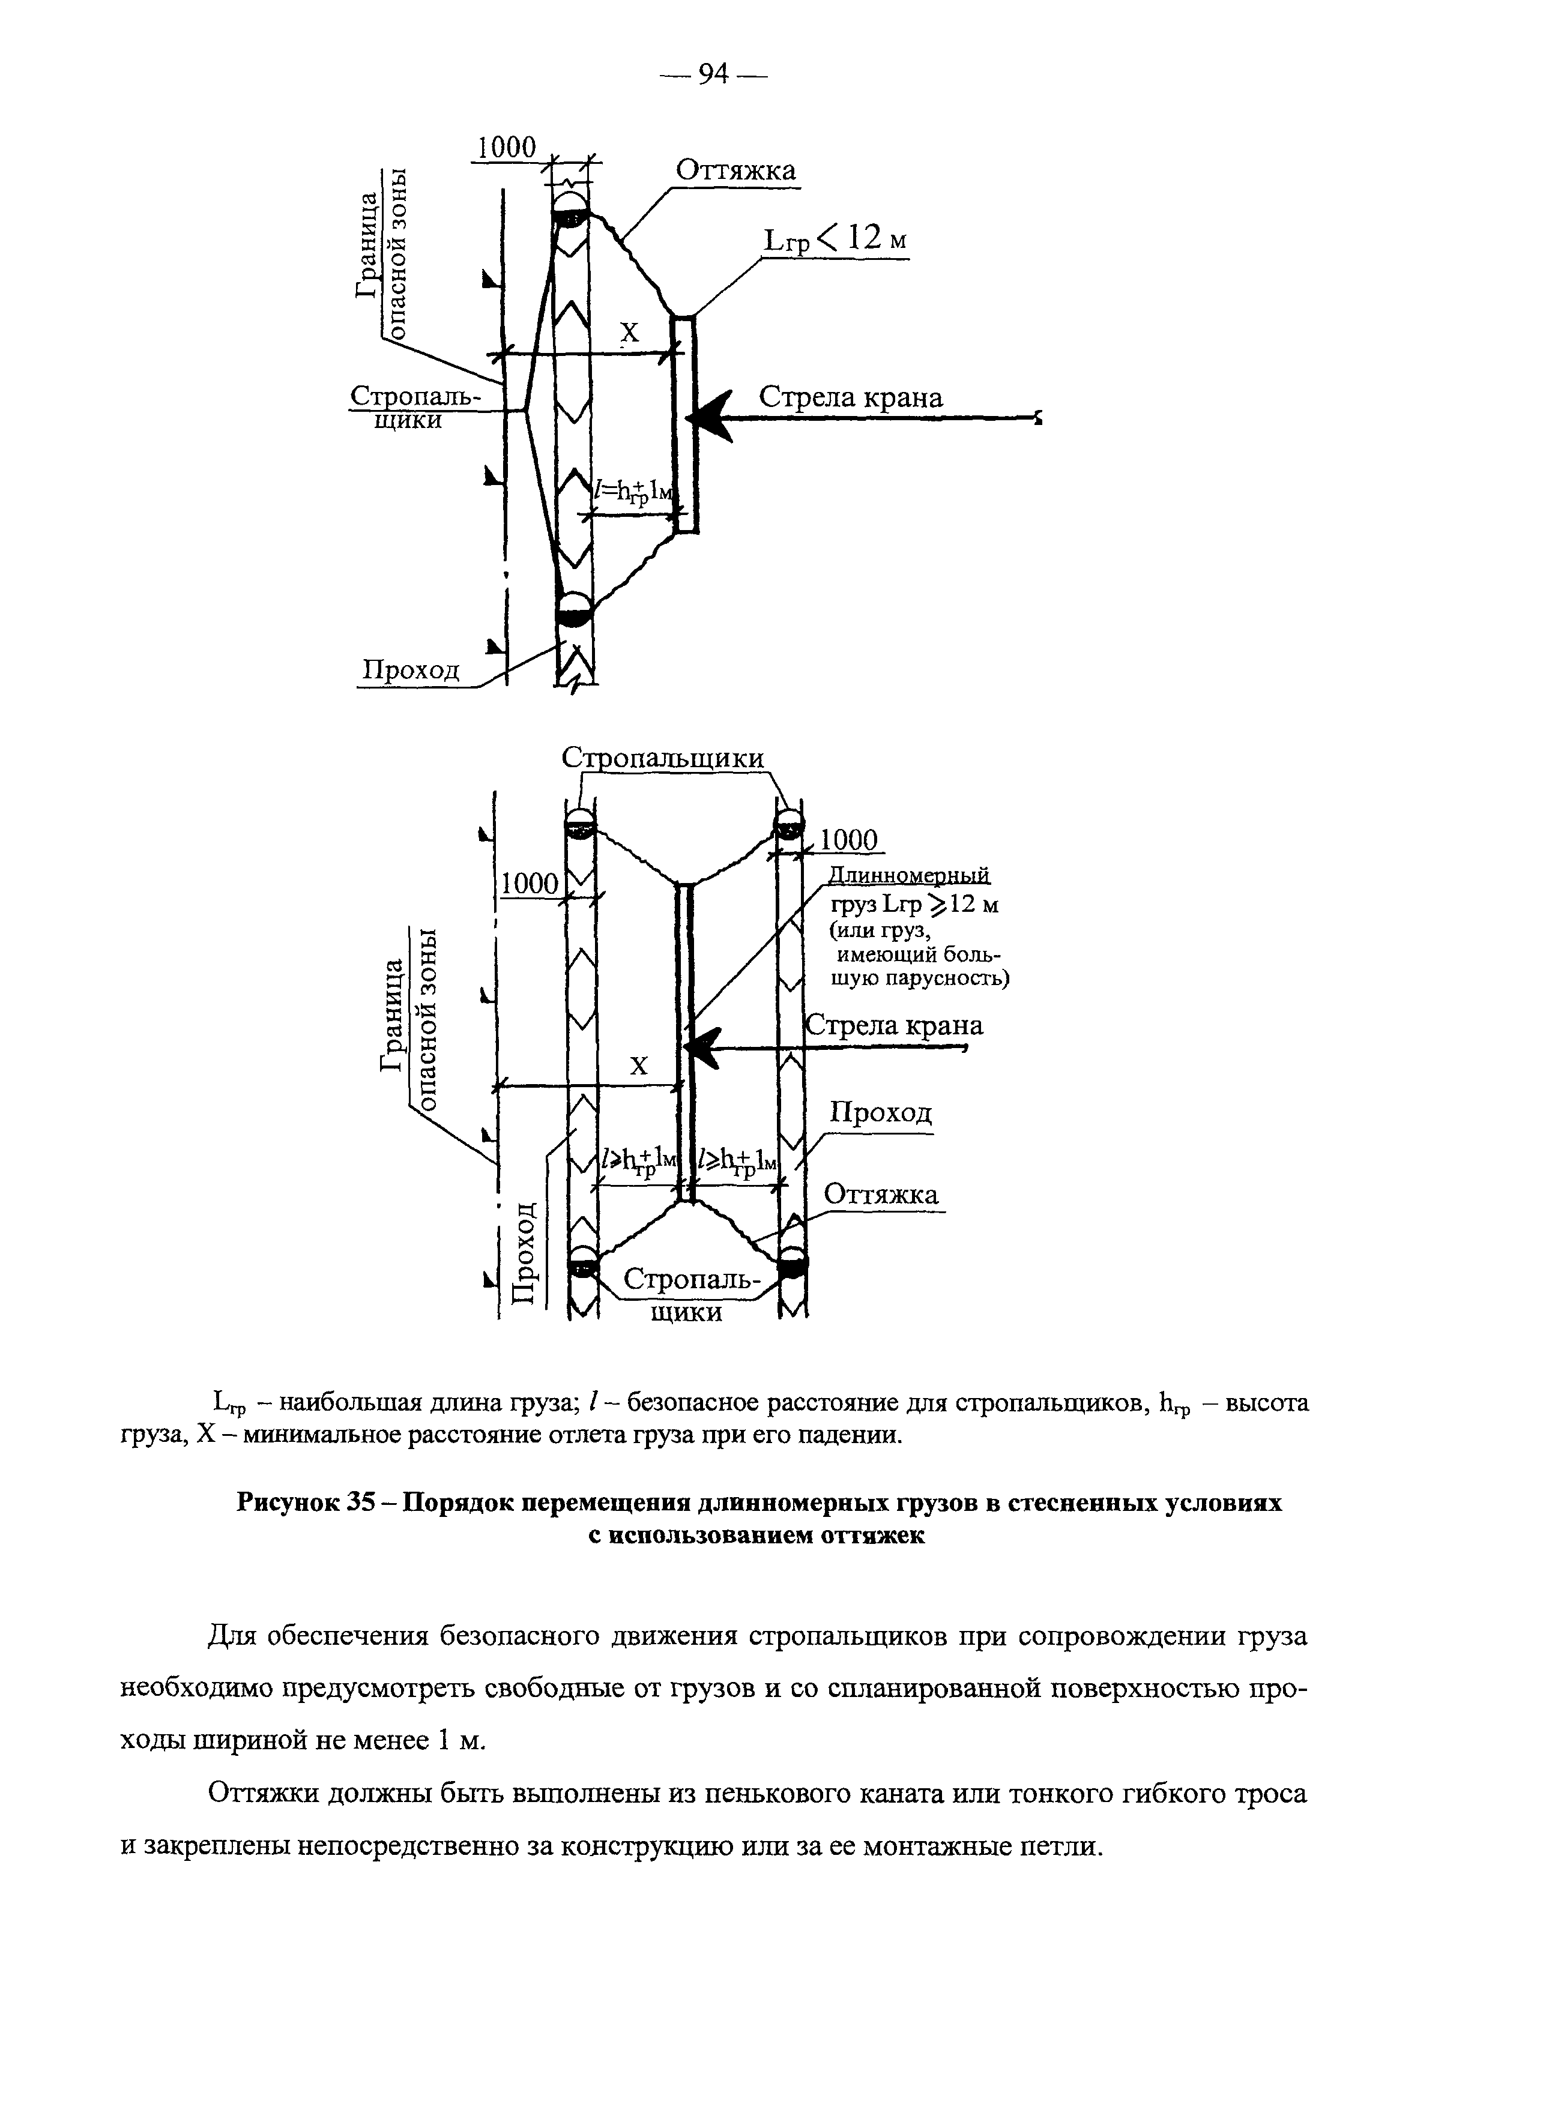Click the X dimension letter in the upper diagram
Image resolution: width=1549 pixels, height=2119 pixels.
pos(629,333)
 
